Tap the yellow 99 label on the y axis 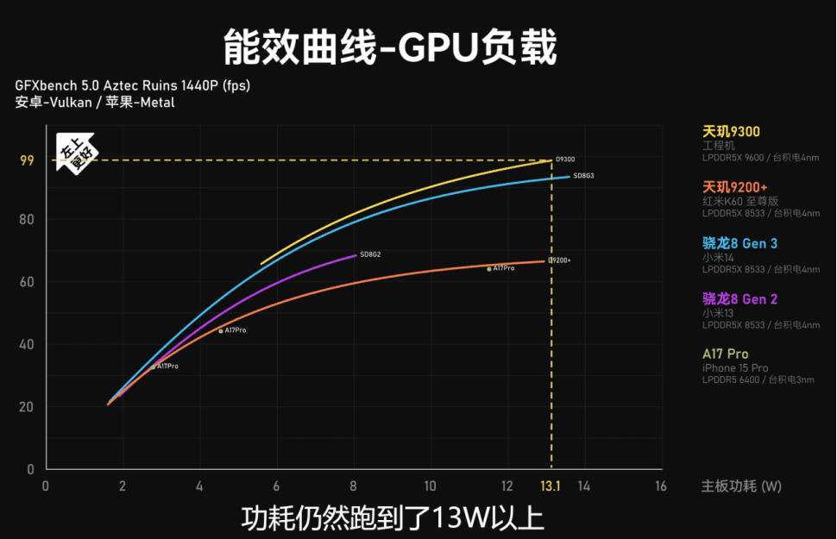click(28, 160)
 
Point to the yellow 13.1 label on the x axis click(551, 487)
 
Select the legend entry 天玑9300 click(731, 132)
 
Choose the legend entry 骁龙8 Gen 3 click(739, 244)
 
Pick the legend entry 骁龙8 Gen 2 click(739, 299)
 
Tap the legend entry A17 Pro click(725, 354)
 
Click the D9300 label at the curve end click(565, 160)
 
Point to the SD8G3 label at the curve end click(583, 176)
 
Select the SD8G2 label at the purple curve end click(370, 254)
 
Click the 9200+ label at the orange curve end click(560, 260)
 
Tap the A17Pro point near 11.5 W click(489, 269)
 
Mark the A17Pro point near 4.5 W click(221, 331)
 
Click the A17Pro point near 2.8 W click(154, 367)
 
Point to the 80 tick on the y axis click(28, 220)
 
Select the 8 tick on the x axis click(353, 487)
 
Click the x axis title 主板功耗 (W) click(740, 487)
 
